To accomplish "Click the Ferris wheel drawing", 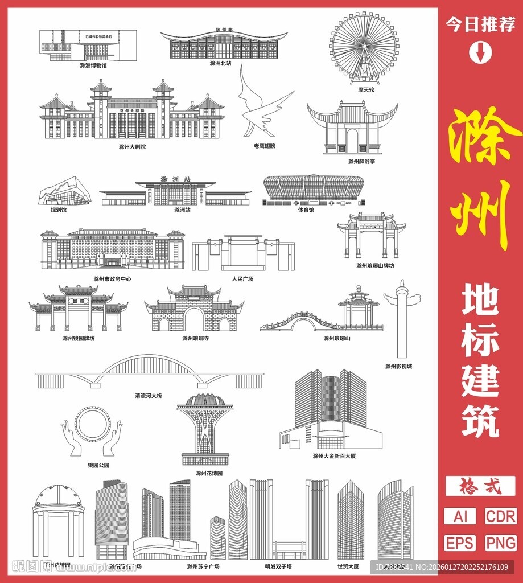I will point(364,48).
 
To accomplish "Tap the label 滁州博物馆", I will point(93,65).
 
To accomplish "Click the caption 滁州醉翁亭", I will point(361,162).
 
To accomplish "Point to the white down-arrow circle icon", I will point(480,52).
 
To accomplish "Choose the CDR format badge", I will point(501,516).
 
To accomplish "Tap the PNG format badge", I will point(501,542).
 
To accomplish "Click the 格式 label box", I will point(480,486).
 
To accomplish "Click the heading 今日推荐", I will point(480,24).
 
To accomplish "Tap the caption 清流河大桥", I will point(148,395).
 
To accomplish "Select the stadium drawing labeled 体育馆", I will point(314,190).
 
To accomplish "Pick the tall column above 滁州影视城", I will point(402,319).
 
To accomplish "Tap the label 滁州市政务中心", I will point(112,279).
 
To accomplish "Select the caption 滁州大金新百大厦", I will point(337,456).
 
